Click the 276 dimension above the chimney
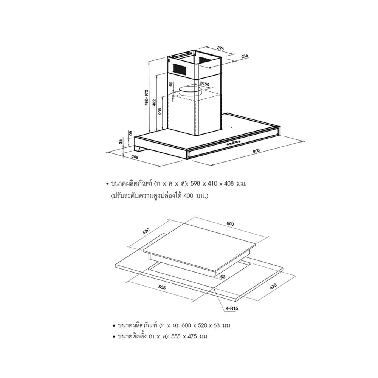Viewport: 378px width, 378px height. (220, 48)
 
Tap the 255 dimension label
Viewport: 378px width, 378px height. (245, 56)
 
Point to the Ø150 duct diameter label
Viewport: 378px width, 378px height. (204, 84)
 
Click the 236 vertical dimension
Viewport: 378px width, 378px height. (160, 112)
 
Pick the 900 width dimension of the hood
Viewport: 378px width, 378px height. (256, 151)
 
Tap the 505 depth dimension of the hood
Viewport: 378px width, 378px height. (135, 157)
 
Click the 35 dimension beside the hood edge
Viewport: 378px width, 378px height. (121, 141)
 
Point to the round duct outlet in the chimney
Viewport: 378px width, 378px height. (190, 91)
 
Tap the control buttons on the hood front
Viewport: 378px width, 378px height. (233, 143)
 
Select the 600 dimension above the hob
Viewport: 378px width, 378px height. (230, 224)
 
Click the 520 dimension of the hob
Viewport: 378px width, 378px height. (146, 231)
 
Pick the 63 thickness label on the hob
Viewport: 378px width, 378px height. (223, 277)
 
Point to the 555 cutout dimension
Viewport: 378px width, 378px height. (162, 287)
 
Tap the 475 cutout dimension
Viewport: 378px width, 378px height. (273, 286)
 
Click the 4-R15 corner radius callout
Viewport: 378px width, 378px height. (232, 308)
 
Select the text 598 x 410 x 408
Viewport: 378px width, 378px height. (212, 184)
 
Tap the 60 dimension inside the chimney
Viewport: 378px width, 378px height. (171, 84)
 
